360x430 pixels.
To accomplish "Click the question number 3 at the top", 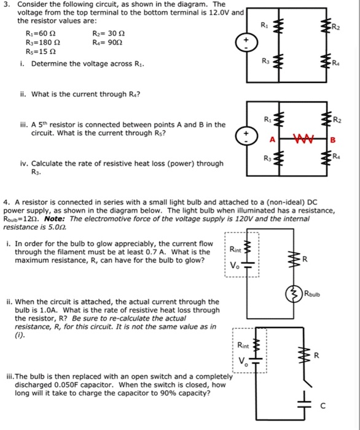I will [5, 4].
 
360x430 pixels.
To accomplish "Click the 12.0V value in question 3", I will [223, 12].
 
